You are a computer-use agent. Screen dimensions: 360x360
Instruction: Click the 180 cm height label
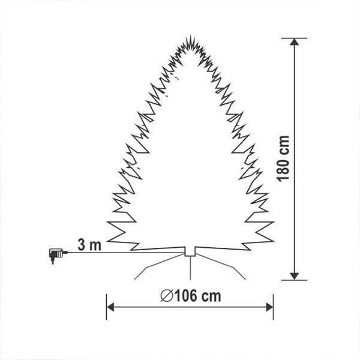283,158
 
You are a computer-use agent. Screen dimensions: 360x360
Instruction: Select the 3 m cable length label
89,245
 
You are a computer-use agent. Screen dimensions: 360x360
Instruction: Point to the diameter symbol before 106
167,296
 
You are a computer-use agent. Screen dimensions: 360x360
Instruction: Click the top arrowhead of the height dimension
294,42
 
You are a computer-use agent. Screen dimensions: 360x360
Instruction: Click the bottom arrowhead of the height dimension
294,277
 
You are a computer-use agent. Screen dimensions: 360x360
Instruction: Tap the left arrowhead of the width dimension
110,307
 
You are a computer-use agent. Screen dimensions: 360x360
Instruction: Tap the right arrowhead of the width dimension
269,307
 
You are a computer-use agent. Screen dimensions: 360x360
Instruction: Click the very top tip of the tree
191,34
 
